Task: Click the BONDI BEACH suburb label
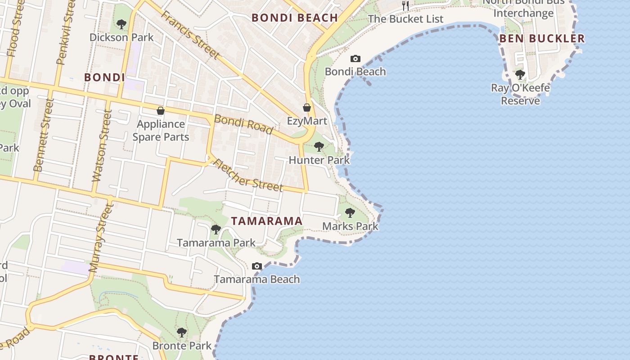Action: click(x=294, y=18)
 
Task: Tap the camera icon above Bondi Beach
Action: click(x=355, y=58)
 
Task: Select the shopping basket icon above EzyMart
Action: click(x=307, y=108)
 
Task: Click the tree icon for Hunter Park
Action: click(x=319, y=146)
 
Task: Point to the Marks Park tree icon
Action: click(x=350, y=213)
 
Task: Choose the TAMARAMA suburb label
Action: click(x=266, y=221)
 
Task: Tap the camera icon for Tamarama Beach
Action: click(x=257, y=266)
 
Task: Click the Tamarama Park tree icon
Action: click(x=216, y=229)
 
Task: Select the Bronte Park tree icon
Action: click(x=182, y=333)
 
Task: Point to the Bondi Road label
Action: click(x=243, y=124)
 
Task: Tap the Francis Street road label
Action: click(x=191, y=35)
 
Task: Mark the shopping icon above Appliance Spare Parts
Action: click(x=161, y=111)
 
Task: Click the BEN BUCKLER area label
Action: click(x=542, y=39)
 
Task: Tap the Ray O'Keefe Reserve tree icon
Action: click(x=520, y=74)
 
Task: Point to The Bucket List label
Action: click(x=405, y=19)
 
